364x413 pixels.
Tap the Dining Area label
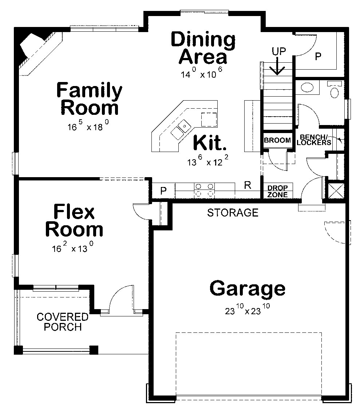point(203,48)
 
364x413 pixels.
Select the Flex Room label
point(74,221)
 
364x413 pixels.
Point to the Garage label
point(247,288)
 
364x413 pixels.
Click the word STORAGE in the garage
point(233,213)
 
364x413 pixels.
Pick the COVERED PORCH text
point(63,322)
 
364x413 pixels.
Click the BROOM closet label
point(277,140)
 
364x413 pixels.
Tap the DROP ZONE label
point(278,191)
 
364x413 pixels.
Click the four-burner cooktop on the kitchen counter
point(204,190)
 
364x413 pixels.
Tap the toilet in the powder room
point(334,90)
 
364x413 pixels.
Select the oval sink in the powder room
point(308,88)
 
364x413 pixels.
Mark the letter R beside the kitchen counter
point(248,185)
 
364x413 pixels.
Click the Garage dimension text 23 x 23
point(247,310)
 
